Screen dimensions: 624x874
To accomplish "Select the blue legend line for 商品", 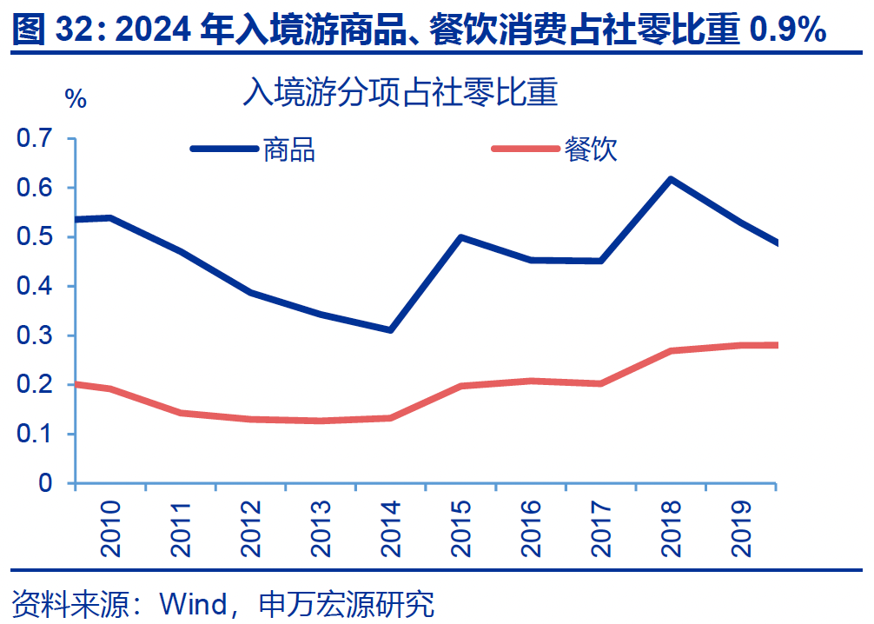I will (223, 149).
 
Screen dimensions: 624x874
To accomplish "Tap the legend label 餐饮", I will (591, 149).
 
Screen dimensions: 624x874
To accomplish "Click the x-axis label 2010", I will (111, 528).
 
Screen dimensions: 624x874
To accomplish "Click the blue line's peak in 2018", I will (671, 179).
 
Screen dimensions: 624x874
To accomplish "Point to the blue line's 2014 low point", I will (391, 330).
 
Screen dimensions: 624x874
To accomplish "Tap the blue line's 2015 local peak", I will (460, 236).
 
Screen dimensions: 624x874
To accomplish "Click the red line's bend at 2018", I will (671, 351).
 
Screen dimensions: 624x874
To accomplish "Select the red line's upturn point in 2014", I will (391, 418).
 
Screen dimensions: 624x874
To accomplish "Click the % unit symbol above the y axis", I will (76, 99).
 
